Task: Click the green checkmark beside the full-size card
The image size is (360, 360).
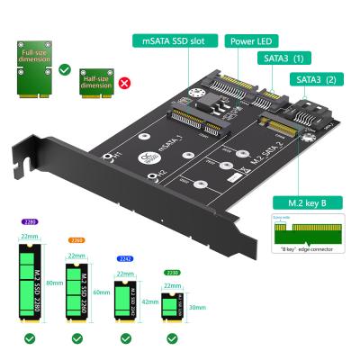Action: tap(65, 67)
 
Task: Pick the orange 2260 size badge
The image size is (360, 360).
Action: tap(76, 240)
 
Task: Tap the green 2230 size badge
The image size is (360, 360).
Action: tap(170, 273)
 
